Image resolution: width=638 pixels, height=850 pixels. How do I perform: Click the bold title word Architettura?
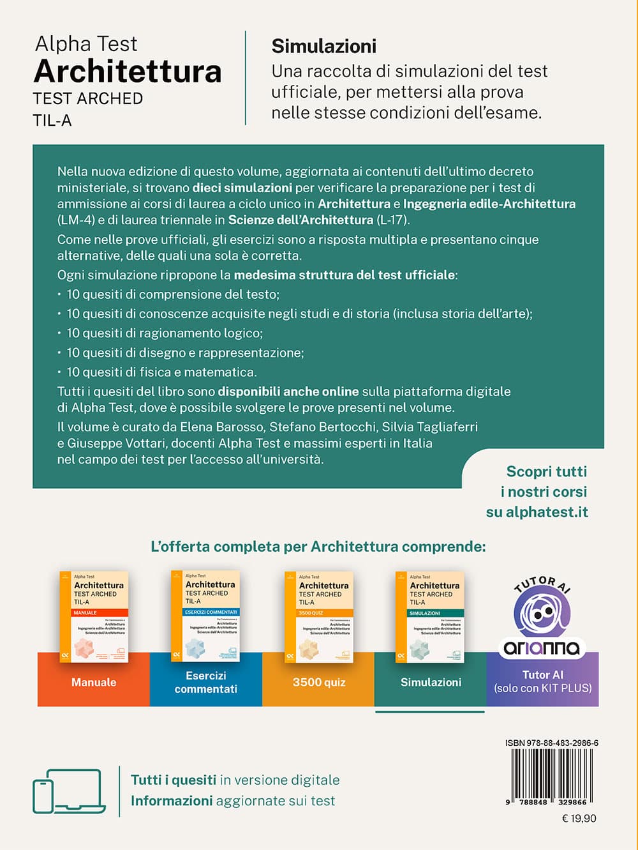(128, 71)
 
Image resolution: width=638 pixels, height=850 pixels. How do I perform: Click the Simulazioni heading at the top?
(324, 46)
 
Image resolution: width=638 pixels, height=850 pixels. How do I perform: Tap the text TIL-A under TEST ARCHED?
(52, 120)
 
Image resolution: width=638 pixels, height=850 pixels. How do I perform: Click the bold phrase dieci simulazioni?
(242, 188)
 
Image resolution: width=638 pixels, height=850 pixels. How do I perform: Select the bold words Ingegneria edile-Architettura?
(489, 204)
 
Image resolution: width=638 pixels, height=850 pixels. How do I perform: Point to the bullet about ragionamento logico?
(165, 333)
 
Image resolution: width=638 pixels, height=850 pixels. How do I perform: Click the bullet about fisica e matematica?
(161, 372)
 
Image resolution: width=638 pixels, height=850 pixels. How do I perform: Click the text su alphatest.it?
(537, 512)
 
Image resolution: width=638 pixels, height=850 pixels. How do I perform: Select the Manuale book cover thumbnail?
(94, 616)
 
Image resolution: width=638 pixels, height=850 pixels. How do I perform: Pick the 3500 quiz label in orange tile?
(319, 682)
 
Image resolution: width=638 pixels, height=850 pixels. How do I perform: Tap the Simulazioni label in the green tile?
(431, 682)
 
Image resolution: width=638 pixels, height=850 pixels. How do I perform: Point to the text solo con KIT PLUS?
(543, 688)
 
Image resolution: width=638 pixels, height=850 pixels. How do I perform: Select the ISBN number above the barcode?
(551, 743)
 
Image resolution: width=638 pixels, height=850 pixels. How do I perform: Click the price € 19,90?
(579, 818)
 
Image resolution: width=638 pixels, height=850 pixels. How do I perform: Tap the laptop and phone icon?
(69, 791)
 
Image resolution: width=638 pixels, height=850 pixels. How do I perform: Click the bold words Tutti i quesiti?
(174, 780)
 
